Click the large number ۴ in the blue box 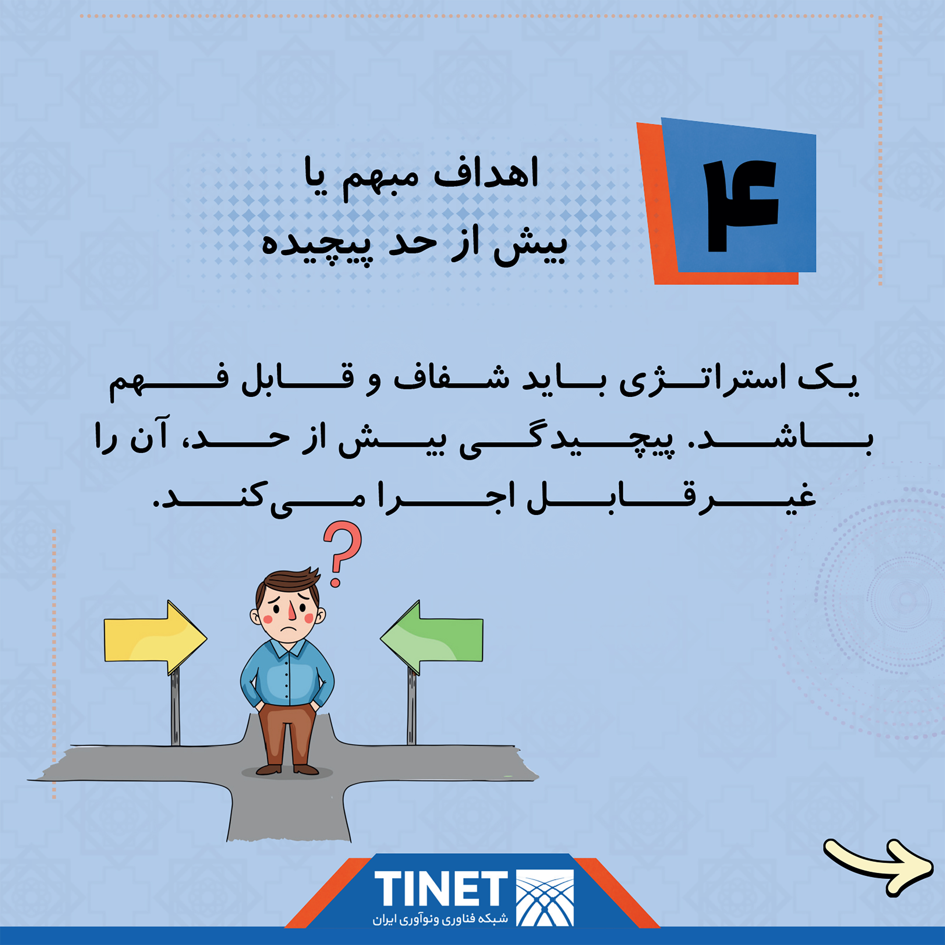(741, 206)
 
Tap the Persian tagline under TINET (440, 919)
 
